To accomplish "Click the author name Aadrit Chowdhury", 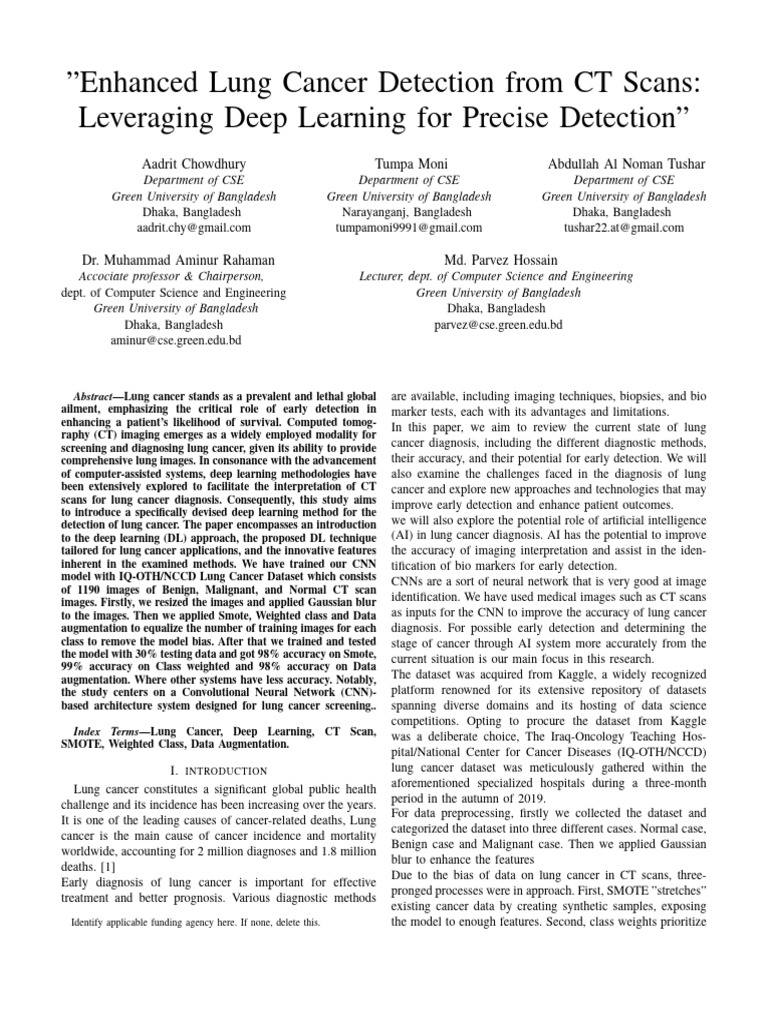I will pyautogui.click(x=195, y=162).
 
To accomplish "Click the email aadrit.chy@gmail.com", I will pyautogui.click(x=195, y=228).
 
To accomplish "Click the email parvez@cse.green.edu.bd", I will pyautogui.click(x=497, y=326).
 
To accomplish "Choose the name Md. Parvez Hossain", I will pyautogui.click(x=497, y=259).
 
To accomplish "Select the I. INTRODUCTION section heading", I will pyautogui.click(x=219, y=770).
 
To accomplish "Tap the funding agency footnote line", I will pyautogui.click(x=196, y=922).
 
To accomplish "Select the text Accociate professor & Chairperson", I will pyautogui.click(x=171, y=275).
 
